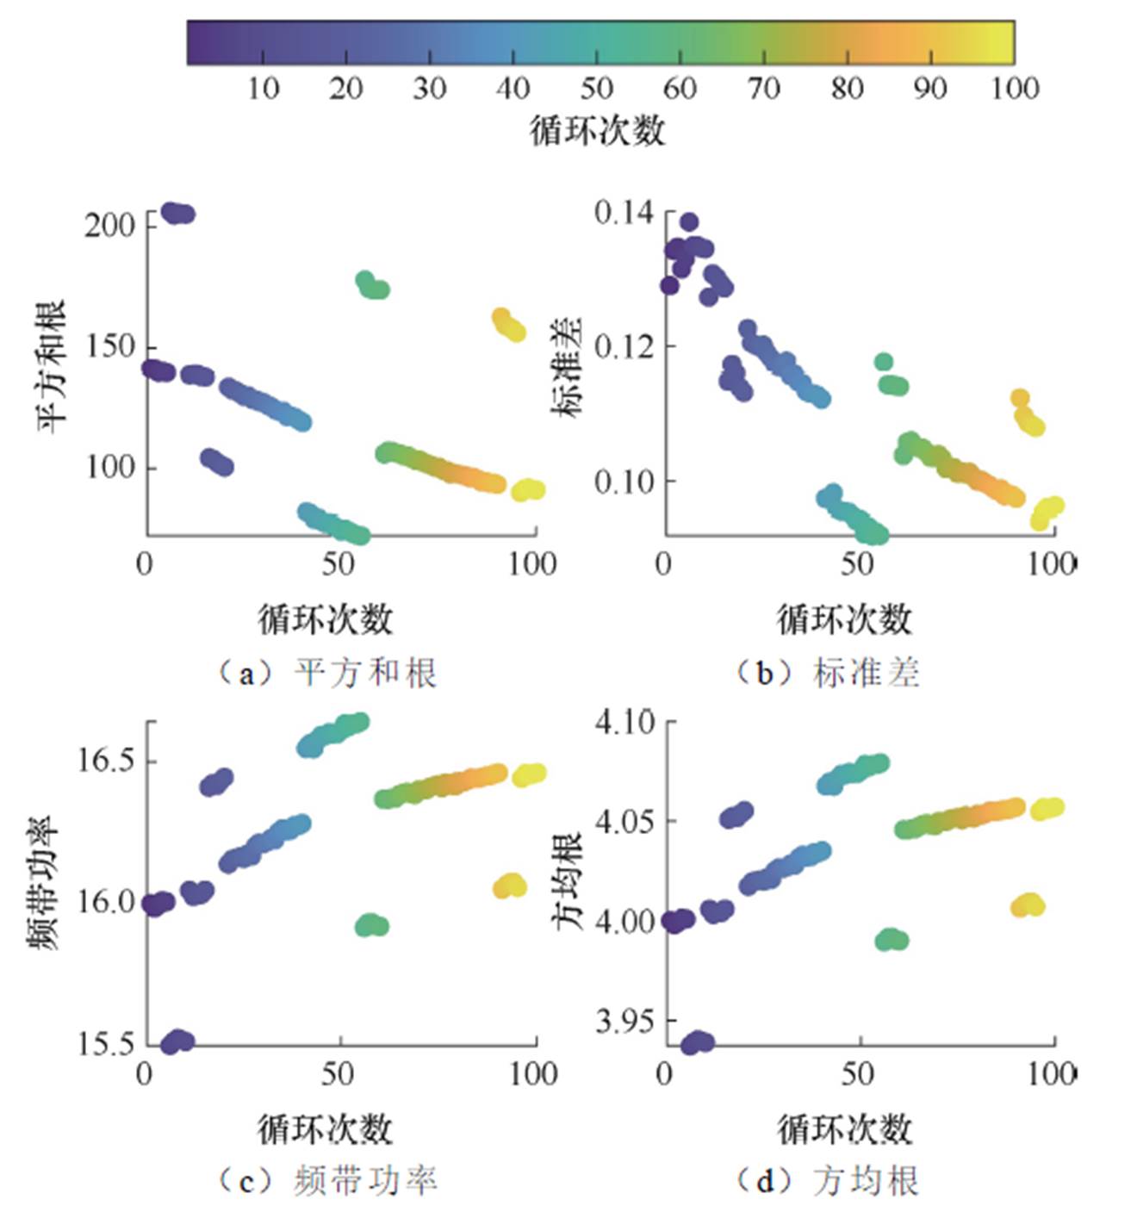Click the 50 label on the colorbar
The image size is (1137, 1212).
596,89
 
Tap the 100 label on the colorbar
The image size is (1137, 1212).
1015,89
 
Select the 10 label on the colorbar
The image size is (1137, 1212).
263,89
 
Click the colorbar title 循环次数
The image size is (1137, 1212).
597,131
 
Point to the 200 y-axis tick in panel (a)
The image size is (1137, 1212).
110,226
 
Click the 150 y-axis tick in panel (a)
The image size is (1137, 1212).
110,347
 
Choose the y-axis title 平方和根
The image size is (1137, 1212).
51,366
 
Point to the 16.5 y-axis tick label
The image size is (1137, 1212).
107,761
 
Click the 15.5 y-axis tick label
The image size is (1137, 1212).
107,1044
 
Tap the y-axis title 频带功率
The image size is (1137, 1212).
44,883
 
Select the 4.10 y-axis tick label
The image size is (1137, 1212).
624,720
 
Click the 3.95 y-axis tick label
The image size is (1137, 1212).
624,1022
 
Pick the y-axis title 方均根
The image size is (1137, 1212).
568,880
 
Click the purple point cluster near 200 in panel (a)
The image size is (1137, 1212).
178,214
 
